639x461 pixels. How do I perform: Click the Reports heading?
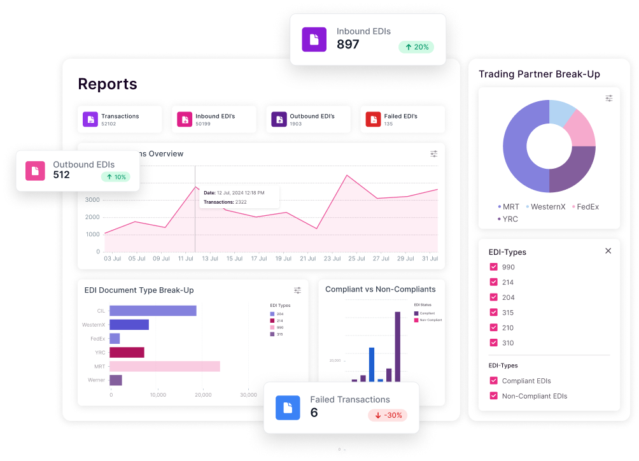[108, 84]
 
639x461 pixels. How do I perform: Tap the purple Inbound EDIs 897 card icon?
[314, 39]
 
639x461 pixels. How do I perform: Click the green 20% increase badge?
[416, 47]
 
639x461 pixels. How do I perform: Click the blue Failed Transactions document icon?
[288, 408]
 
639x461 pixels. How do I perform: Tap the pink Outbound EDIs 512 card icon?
[35, 171]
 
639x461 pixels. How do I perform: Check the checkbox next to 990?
[493, 267]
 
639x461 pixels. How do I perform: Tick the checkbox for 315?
[493, 313]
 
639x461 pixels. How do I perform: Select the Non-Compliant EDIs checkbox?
[493, 396]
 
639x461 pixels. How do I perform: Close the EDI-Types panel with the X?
[608, 251]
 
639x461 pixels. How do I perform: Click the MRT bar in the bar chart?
[165, 366]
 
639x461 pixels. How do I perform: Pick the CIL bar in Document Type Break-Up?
[153, 311]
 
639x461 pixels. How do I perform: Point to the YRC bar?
[127, 352]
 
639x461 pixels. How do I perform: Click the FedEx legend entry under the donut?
[585, 207]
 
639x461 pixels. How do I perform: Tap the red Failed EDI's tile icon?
[373, 119]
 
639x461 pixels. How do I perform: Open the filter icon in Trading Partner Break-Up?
[609, 98]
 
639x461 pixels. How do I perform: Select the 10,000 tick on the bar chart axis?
[157, 395]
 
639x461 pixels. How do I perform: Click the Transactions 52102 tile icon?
[90, 119]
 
